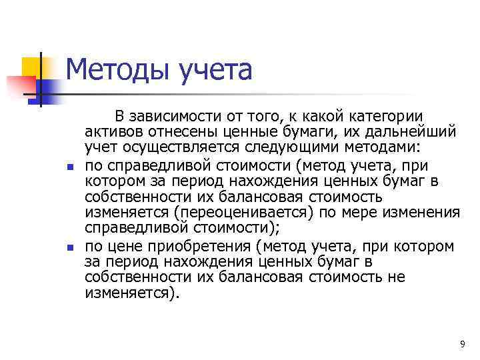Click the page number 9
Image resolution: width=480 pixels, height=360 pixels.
[462, 344]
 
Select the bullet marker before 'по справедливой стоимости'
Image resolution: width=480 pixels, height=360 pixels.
[71, 165]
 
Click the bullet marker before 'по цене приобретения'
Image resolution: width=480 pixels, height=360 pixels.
[71, 247]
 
